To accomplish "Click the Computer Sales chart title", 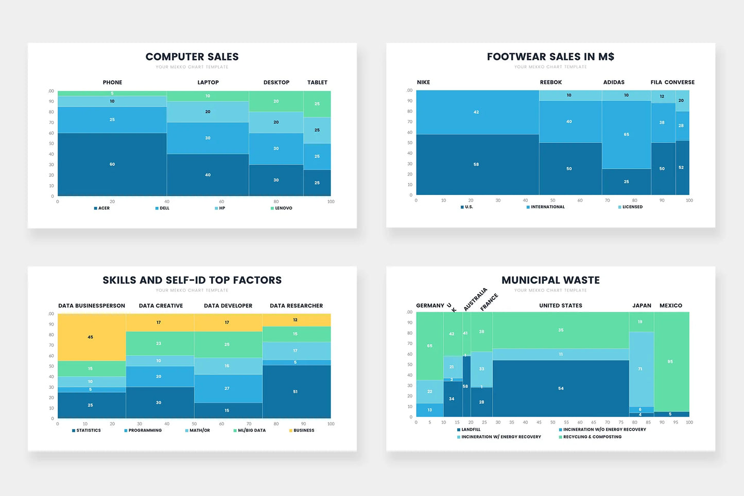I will coord(192,57).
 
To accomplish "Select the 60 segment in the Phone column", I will coord(112,164).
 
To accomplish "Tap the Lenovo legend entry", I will coord(282,208).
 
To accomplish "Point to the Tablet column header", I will coord(317,82).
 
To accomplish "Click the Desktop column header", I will coord(276,82).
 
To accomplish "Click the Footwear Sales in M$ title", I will coord(550,57).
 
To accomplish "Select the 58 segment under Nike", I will coord(476,165).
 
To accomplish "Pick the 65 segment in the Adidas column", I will coord(626,134).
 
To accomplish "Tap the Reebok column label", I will coord(551,82).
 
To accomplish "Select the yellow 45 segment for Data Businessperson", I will coord(91,337).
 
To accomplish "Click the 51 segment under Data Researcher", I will coord(296,392).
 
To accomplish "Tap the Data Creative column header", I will coord(161,306).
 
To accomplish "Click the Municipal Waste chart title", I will coord(550,280).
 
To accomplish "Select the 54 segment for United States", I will coord(561,388).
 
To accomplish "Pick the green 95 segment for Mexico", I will coord(670,362).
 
